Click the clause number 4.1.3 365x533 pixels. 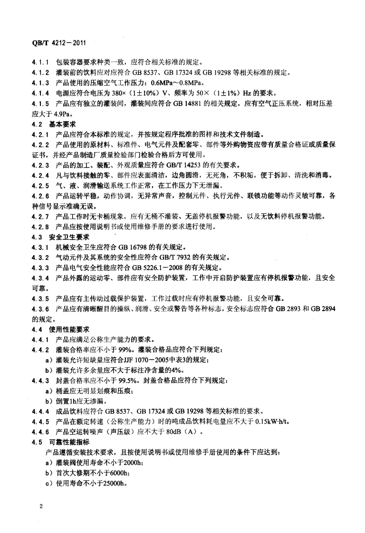coord(41,82)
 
